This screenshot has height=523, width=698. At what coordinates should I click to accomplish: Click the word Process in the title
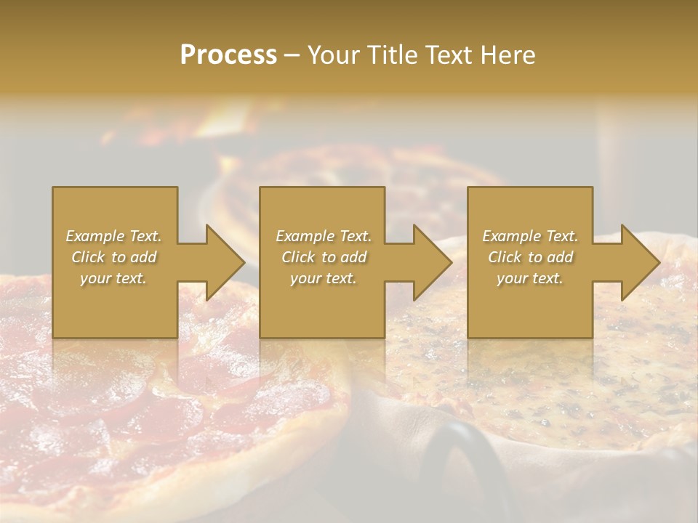pyautogui.click(x=228, y=55)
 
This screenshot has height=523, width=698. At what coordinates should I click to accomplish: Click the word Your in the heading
pyautogui.click(x=337, y=55)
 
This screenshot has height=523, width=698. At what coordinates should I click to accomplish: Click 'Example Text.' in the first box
pyautogui.click(x=113, y=236)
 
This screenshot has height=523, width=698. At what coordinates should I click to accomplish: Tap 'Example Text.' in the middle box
pyautogui.click(x=324, y=236)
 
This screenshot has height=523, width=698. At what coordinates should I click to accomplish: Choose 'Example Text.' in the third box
pyautogui.click(x=530, y=236)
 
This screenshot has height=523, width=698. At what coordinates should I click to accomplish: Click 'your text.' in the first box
pyautogui.click(x=113, y=278)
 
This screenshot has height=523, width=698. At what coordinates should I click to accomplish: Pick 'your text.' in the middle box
pyautogui.click(x=324, y=278)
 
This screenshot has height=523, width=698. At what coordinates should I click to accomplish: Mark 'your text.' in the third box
pyautogui.click(x=530, y=278)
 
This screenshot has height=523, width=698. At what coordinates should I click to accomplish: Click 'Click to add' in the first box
pyautogui.click(x=113, y=257)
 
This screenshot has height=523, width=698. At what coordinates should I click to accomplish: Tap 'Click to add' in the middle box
pyautogui.click(x=324, y=257)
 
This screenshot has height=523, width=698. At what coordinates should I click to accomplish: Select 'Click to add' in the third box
pyautogui.click(x=530, y=257)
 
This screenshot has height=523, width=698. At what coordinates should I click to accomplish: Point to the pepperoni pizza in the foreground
pyautogui.click(x=145, y=407)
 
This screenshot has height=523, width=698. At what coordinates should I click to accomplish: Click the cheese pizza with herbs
pyautogui.click(x=553, y=378)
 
